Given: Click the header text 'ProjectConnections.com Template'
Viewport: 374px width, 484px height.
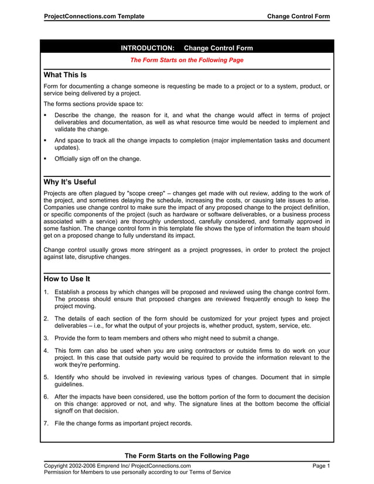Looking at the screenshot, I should [x=94, y=16].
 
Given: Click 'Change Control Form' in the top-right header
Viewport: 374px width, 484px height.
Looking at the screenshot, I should [x=298, y=16].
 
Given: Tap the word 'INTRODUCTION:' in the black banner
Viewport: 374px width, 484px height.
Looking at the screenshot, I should [x=147, y=48].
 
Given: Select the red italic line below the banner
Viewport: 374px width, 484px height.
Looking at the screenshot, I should [x=186, y=60].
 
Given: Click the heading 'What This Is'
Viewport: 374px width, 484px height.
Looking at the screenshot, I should [x=65, y=76].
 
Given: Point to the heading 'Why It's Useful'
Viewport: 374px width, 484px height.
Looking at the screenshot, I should [x=70, y=182].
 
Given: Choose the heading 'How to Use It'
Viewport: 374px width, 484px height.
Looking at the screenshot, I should [x=67, y=279].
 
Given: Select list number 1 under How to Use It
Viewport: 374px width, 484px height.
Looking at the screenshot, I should [x=46, y=291].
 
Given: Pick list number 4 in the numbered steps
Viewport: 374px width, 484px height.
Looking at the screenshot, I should [x=46, y=350].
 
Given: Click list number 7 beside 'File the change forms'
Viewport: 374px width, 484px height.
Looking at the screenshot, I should [x=46, y=424].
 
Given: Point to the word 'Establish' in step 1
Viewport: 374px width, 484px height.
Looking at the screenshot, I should [x=69, y=291].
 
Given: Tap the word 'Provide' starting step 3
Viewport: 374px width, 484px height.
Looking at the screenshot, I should [x=67, y=338].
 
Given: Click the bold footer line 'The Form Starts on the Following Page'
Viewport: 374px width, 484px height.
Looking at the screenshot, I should [x=186, y=456].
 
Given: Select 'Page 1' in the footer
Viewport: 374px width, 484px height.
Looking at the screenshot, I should [x=321, y=466].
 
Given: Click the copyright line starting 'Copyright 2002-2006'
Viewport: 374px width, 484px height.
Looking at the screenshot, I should [x=118, y=466].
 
